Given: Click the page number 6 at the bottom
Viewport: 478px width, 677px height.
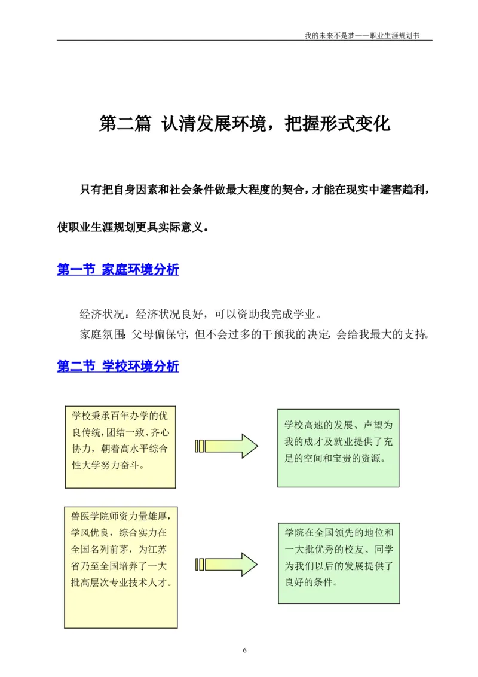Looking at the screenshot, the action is (244, 651).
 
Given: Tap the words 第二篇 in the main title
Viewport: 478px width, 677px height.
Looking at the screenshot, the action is (124, 124).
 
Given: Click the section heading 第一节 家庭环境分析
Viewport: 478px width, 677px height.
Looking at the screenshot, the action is (118, 270).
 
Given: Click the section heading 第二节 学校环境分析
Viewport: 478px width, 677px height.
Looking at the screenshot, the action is (118, 366).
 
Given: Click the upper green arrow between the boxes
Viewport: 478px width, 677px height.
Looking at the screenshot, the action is (226, 446).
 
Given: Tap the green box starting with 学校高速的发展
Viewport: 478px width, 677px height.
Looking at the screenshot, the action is (338, 449).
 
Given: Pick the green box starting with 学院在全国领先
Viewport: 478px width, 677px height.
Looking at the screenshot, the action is (338, 564).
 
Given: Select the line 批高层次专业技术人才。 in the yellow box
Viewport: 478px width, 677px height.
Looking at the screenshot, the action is (121, 581).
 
